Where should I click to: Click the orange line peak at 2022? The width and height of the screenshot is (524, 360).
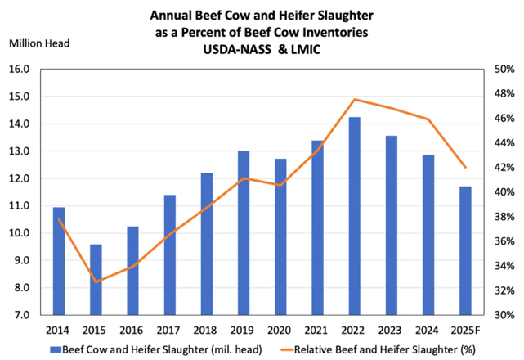tap(354, 100)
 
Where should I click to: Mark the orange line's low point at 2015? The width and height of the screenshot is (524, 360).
tap(96, 281)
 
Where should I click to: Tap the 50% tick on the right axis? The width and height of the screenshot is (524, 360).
tap(504, 70)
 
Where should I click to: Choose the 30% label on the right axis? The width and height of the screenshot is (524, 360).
tap(504, 315)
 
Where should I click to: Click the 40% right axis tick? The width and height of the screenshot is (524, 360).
tap(504, 192)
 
